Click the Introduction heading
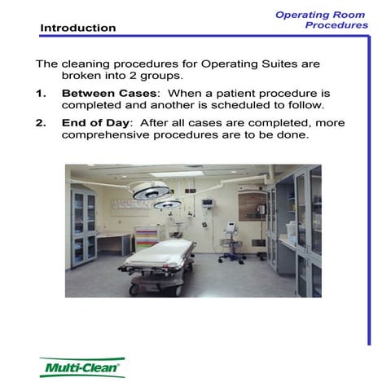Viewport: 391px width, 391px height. click(x=77, y=28)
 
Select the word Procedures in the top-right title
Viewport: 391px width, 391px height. click(x=336, y=25)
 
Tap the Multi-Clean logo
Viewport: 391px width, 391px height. click(x=82, y=367)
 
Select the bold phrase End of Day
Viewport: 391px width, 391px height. click(x=94, y=122)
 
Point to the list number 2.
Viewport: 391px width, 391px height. click(x=42, y=122)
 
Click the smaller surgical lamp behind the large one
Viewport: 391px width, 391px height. click(x=168, y=203)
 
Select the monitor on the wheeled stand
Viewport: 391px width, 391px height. click(x=231, y=231)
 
